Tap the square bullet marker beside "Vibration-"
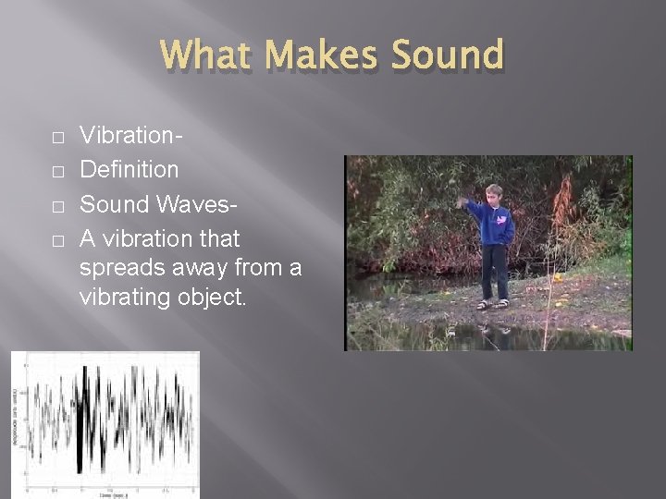tap(58, 139)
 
